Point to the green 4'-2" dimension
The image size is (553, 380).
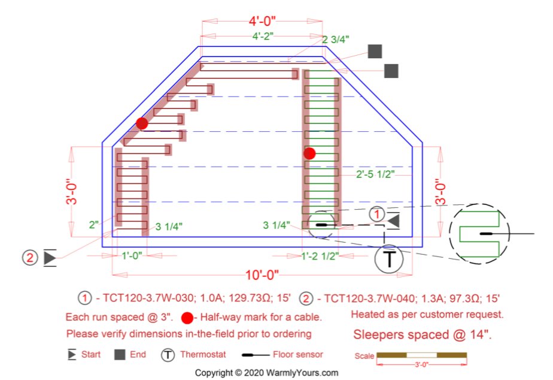click(x=263, y=37)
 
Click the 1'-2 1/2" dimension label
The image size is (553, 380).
click(x=320, y=256)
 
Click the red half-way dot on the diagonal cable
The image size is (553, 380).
click(x=142, y=123)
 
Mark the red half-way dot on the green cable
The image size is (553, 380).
click(x=309, y=153)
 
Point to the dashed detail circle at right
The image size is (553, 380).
click(x=479, y=233)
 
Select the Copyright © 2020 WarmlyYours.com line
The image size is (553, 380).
click(x=266, y=372)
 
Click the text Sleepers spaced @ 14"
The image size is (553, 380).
click(x=422, y=334)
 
